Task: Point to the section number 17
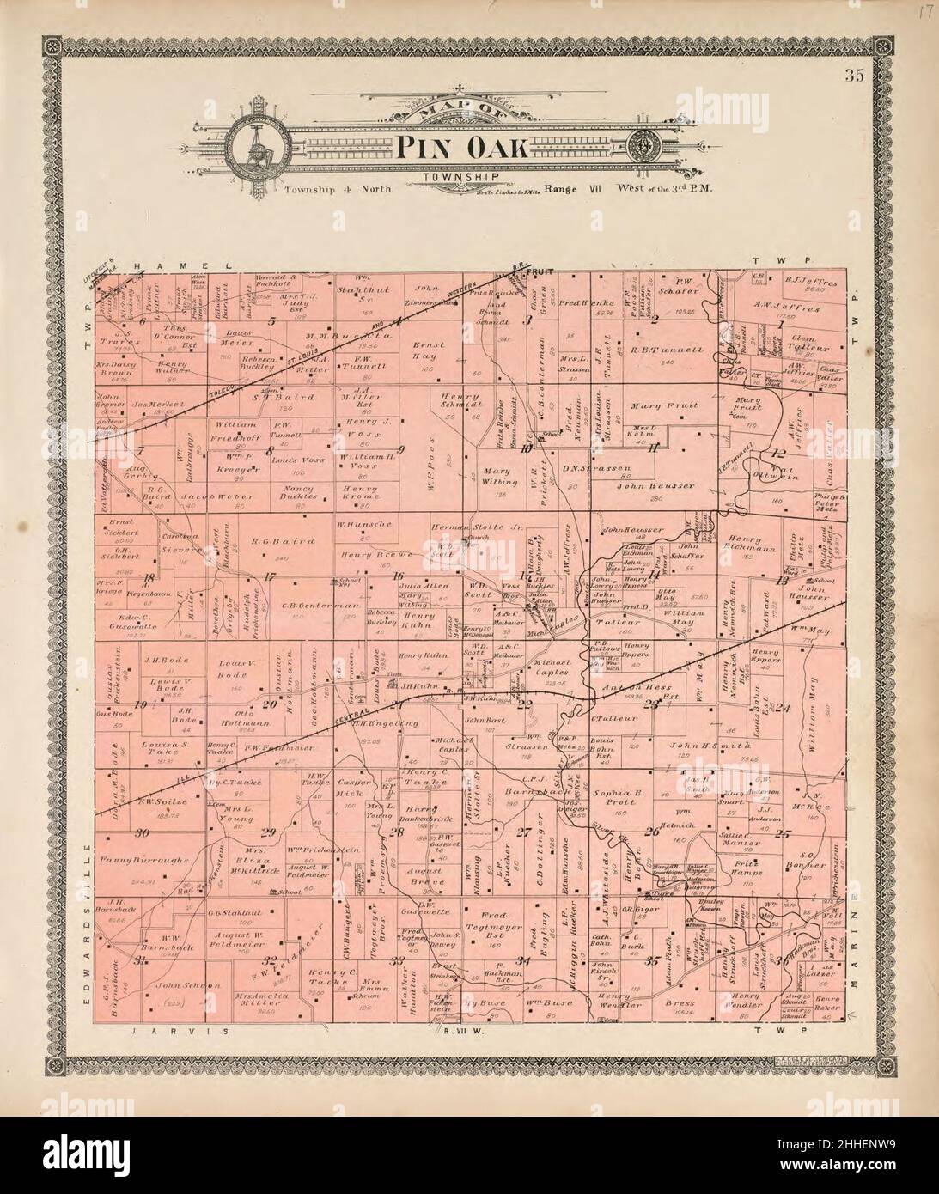click(269, 576)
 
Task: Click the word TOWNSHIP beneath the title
click(449, 178)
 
